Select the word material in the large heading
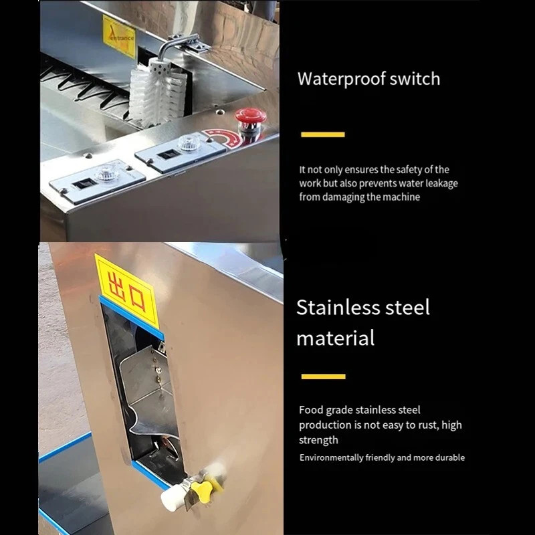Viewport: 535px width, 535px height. pyautogui.click(x=335, y=338)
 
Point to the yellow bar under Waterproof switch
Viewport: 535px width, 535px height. pyautogui.click(x=322, y=134)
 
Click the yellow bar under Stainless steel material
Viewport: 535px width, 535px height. pyautogui.click(x=323, y=377)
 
